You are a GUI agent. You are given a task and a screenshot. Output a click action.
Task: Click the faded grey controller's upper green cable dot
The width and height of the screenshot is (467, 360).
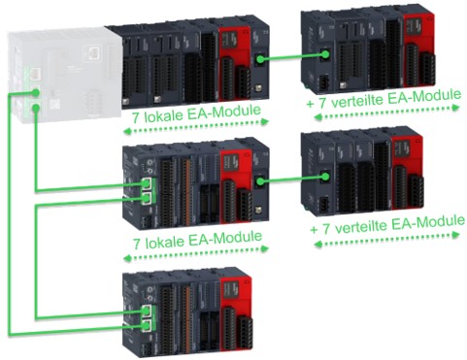point(36,92)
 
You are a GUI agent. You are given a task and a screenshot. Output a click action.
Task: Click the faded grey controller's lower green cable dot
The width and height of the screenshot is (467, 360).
point(36,108)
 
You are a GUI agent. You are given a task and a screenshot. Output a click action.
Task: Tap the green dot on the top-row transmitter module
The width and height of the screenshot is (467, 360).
point(260,59)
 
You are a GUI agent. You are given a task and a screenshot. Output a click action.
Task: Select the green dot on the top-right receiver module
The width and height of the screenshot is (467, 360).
point(324,54)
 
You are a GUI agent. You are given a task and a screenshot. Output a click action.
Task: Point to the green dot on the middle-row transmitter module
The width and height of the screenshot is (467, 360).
point(260,180)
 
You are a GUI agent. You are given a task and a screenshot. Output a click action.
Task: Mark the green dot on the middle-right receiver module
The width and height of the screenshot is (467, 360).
point(325,177)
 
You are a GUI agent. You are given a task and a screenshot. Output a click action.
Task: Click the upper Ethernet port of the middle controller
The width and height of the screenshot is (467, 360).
point(147,184)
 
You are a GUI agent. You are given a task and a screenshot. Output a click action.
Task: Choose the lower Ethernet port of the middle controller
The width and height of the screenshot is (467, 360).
point(147,199)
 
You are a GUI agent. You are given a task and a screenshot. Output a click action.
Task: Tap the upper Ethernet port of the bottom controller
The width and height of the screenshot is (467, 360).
point(147,311)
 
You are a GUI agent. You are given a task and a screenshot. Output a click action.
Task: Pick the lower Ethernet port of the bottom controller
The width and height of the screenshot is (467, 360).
point(147,326)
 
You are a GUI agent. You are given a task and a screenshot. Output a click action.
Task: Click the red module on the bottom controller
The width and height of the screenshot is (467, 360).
point(236,312)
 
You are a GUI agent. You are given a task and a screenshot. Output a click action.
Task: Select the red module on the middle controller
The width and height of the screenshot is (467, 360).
point(236,186)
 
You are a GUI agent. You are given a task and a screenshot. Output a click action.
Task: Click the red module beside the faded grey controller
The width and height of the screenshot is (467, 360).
point(235,63)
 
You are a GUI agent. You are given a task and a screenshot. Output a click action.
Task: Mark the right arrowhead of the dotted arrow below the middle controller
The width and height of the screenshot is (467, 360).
point(265,248)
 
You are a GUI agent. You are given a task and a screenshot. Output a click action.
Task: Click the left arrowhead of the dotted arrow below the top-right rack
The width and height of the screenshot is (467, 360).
point(318,117)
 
